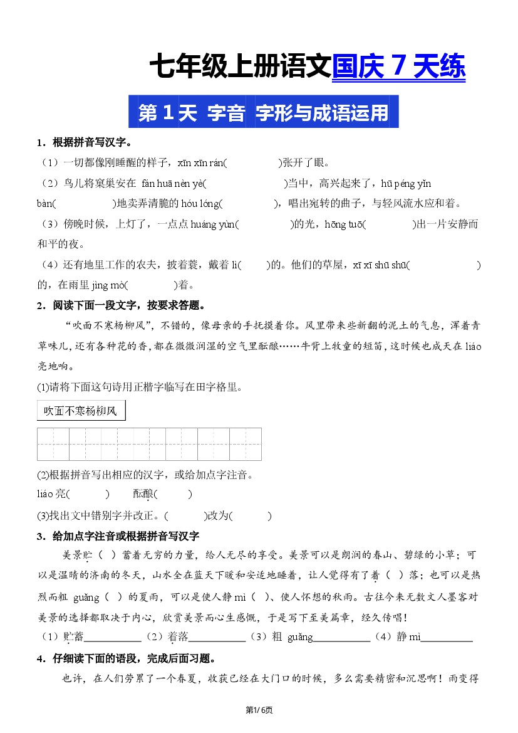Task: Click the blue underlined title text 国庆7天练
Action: tap(398, 67)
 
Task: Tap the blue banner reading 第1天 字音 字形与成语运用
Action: tap(263, 112)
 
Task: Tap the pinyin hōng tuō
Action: tap(344, 224)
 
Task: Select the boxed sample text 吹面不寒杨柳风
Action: tap(81, 411)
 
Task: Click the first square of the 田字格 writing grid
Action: tap(53, 444)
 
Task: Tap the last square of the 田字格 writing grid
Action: tap(246, 444)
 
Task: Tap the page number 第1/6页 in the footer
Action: tap(259, 710)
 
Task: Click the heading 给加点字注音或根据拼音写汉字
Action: tap(126, 535)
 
